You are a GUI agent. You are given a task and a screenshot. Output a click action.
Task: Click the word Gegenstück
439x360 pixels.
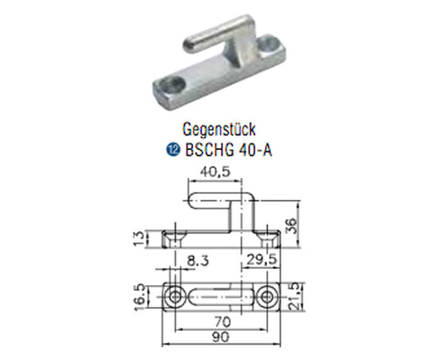click(x=219, y=130)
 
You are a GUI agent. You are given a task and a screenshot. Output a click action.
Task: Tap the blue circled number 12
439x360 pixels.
click(x=174, y=150)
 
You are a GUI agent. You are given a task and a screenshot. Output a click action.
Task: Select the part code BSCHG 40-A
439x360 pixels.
click(x=229, y=150)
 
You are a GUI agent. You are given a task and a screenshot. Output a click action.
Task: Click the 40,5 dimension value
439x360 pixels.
click(x=215, y=173)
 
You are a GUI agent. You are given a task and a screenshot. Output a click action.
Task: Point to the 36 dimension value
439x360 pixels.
click(x=292, y=226)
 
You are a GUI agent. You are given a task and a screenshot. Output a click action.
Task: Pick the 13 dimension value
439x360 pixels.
click(x=139, y=238)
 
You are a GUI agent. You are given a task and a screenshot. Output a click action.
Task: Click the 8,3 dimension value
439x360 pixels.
click(x=198, y=260)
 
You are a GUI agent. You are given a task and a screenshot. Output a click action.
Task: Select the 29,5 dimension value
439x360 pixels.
click(x=262, y=259)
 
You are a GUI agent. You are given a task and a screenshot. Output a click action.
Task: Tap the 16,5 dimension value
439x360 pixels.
click(x=140, y=298)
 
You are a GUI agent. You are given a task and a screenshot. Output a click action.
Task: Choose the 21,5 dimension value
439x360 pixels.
click(x=295, y=296)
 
